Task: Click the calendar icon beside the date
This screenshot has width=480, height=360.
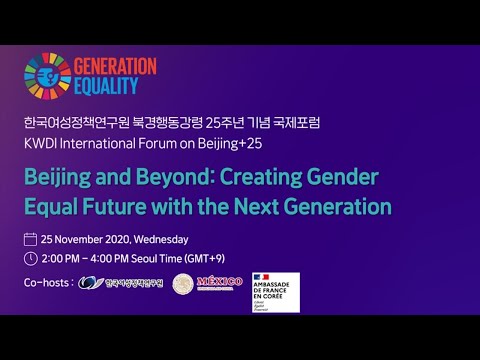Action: coord(30,239)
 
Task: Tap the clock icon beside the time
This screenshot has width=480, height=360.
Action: coord(30,259)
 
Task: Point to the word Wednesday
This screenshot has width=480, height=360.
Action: coord(159,239)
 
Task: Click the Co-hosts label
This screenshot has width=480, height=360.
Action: coord(47,283)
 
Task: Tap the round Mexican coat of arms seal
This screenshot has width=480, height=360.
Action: coord(183,284)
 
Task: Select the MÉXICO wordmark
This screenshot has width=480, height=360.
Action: coord(220,283)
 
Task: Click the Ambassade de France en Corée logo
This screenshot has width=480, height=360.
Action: coord(276,291)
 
